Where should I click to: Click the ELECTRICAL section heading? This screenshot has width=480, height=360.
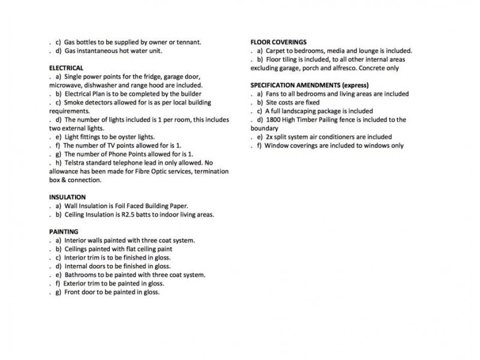[66, 68]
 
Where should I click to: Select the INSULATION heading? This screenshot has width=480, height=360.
[67, 197]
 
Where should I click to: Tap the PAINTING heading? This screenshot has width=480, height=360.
[64, 231]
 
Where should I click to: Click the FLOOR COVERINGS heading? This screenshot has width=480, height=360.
[278, 43]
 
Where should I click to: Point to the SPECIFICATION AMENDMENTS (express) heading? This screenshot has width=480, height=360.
[309, 85]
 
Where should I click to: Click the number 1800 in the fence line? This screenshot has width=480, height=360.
[272, 120]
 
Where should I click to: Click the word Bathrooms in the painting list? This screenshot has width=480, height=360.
[81, 275]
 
